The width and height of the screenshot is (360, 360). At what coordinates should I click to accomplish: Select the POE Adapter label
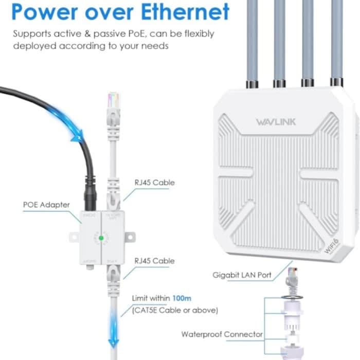(46, 205)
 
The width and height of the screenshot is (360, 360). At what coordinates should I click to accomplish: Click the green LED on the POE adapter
(102, 238)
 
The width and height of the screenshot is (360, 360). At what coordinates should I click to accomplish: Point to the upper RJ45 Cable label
(154, 183)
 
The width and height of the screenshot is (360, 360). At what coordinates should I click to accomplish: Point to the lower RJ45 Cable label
(154, 261)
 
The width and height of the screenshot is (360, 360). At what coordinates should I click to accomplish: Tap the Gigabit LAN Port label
(242, 275)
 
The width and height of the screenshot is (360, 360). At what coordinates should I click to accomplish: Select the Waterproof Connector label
(222, 334)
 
